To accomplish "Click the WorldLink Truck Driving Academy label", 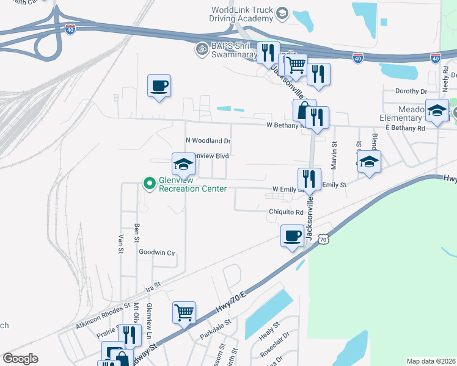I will [242, 15].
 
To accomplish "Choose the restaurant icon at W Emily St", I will [309, 179].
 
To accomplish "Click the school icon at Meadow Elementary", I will [437, 110].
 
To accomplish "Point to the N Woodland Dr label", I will [208, 141].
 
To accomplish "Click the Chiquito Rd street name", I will [286, 212].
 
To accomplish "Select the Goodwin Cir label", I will [157, 252].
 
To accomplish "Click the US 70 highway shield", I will [323, 240].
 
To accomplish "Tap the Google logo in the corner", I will [20, 359].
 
